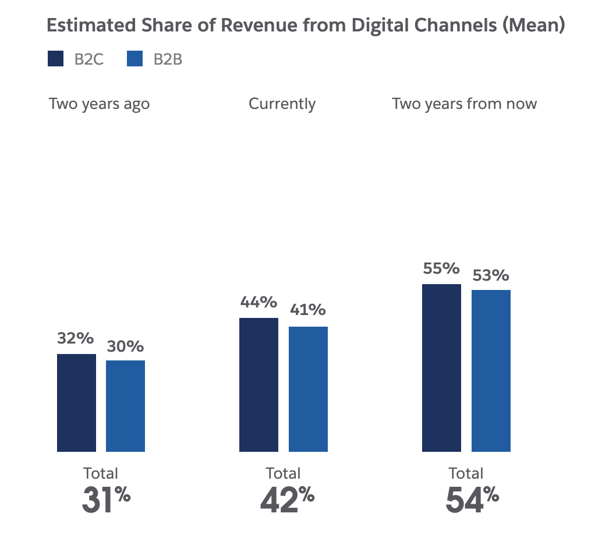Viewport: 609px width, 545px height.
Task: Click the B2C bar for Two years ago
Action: click(x=76, y=402)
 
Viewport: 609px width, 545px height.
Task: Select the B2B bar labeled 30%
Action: click(x=125, y=406)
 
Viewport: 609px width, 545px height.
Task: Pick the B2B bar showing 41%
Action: click(x=308, y=389)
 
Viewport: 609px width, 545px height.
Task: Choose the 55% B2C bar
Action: click(x=441, y=367)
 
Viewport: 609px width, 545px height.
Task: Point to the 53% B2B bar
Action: click(x=491, y=370)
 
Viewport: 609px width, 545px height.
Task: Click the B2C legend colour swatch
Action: click(x=55, y=59)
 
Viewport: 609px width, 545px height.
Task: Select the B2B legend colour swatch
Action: click(x=134, y=59)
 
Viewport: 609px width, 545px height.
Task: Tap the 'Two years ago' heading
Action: click(x=100, y=104)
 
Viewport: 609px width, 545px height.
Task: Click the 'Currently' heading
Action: click(x=282, y=104)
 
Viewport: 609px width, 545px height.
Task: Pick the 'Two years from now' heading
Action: click(x=464, y=104)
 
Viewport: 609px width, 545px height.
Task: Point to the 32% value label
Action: click(x=75, y=339)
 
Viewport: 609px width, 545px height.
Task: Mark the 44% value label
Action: click(x=258, y=303)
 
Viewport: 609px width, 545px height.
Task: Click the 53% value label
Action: click(x=490, y=275)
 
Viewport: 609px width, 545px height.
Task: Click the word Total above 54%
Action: click(x=466, y=473)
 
